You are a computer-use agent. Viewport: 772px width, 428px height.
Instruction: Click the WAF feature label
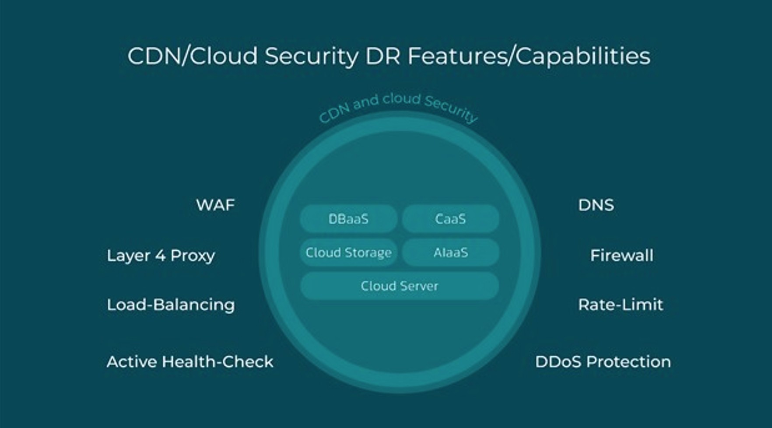(x=215, y=205)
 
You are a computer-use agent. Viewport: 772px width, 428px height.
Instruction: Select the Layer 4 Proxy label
(x=161, y=256)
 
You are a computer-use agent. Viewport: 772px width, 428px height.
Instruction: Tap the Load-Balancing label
(x=171, y=305)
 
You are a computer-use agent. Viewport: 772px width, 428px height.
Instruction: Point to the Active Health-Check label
(x=190, y=362)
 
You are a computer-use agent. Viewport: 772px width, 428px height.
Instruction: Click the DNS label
(x=596, y=205)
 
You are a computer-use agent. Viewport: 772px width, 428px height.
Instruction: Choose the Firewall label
(x=621, y=256)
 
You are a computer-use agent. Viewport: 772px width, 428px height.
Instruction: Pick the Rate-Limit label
(x=620, y=305)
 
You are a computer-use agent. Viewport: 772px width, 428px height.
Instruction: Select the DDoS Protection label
(x=603, y=362)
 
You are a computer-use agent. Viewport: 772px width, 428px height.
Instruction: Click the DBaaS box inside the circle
(x=348, y=219)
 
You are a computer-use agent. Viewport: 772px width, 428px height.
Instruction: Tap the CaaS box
(x=450, y=219)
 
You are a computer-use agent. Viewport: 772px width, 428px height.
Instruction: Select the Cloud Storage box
(x=348, y=253)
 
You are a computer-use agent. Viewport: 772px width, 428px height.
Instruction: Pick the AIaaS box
(x=450, y=253)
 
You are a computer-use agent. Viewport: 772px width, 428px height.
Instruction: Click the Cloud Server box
(x=399, y=286)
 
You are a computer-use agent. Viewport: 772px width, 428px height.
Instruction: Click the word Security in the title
(x=311, y=56)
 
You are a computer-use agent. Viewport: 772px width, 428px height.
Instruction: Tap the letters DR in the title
(x=382, y=56)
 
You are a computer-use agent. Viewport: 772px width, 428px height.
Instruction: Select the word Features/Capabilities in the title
(x=529, y=56)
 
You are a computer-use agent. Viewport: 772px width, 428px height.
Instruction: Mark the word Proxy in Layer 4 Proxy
(x=193, y=256)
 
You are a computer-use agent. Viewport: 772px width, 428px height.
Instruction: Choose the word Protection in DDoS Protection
(x=628, y=362)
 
